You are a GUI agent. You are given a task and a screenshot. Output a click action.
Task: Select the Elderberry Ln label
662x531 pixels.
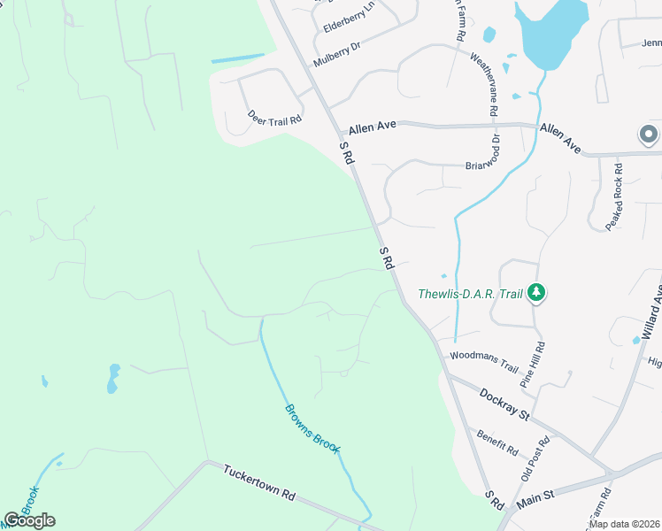tap(350, 17)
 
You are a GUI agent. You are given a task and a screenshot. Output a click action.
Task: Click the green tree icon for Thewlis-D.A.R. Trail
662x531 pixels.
tap(535, 292)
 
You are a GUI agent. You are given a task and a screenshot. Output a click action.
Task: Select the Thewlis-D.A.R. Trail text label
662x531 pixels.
tap(469, 293)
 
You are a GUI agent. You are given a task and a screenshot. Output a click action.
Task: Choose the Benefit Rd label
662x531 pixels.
tap(496, 442)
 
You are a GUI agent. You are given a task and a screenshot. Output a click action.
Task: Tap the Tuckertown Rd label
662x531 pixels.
tap(258, 483)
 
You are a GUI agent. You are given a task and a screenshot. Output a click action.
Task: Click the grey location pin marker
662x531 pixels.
tap(648, 135)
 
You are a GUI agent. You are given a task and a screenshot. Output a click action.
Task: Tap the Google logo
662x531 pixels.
tap(29, 519)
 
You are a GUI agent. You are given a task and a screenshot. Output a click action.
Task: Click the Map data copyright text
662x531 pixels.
tap(624, 524)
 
